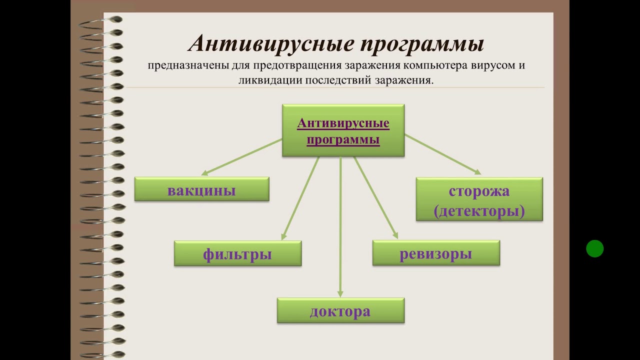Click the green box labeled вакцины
pos(201,189)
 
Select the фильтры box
pos(237,253)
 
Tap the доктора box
pos(340,310)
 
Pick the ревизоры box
pos(435,253)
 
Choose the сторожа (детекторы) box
pos(479,199)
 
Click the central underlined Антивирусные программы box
pos(343,130)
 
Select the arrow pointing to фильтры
pos(300,198)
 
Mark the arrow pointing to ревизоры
pos(375,198)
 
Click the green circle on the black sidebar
pos(594,248)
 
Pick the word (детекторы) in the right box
pos(479,211)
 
